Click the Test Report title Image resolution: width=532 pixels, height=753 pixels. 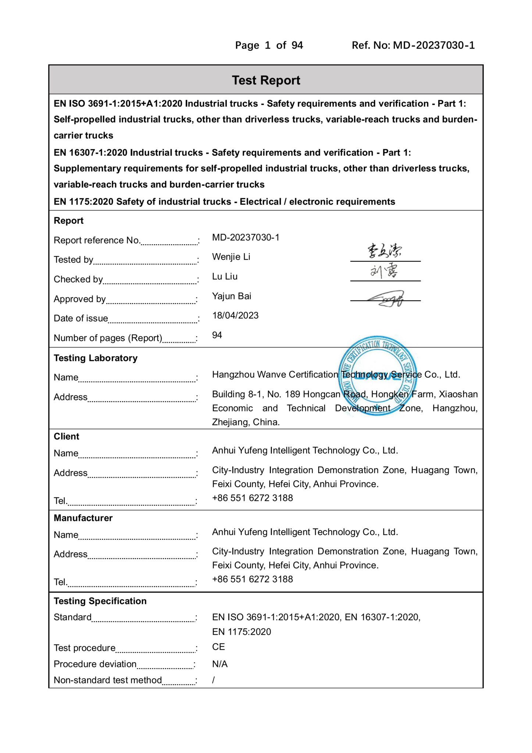pos(266,80)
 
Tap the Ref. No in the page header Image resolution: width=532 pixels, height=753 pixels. pos(413,45)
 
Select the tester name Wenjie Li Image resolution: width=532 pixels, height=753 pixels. pos(231,257)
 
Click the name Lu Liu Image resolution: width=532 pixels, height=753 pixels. pos(225,276)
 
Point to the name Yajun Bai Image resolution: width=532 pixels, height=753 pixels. pos(232,296)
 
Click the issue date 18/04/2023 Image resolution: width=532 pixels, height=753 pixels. pos(235,315)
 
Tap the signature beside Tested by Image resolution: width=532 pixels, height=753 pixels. pos(385,251)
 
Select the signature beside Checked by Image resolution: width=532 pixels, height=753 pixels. pos(384,271)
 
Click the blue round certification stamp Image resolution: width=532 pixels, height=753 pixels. pos(377,375)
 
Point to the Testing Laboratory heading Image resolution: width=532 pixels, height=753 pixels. pos(96,358)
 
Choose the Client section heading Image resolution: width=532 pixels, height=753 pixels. pos(67,436)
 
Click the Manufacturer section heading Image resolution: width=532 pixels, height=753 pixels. pos(83,518)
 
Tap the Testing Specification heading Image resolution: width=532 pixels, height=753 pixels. pos(100,601)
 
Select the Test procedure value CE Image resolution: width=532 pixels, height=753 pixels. pos(218,647)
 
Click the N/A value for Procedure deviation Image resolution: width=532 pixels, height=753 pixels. pos(220,664)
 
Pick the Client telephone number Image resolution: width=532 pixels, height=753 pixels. pos(252,498)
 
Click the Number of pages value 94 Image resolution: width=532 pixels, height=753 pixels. pos(217,335)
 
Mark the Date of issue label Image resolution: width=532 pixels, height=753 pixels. pos(81,318)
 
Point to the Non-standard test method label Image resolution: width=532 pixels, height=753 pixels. pos(108,680)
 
